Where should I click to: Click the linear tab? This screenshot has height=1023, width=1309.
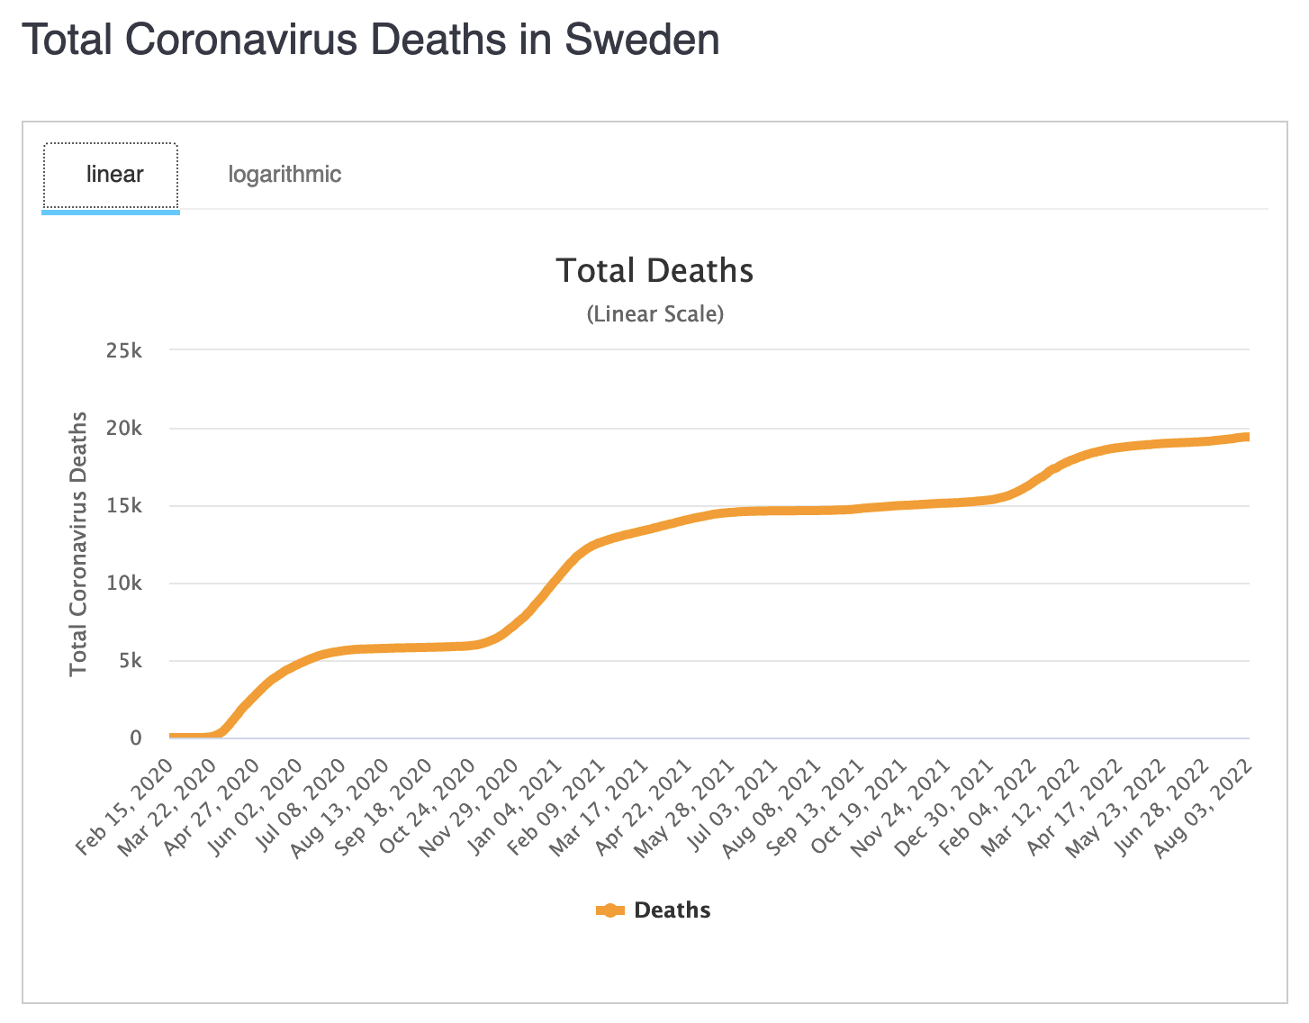[x=114, y=174]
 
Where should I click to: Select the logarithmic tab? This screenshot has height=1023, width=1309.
[x=284, y=174]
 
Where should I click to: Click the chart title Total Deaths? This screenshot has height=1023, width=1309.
[x=654, y=270]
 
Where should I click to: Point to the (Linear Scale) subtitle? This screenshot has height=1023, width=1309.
[x=654, y=314]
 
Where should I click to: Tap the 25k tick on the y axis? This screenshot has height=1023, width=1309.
[x=124, y=350]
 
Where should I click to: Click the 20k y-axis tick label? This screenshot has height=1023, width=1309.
[x=124, y=429]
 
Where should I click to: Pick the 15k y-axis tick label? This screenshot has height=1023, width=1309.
[x=124, y=506]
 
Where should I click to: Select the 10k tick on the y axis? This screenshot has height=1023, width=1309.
[x=124, y=584]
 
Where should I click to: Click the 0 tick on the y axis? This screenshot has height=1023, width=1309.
[x=136, y=738]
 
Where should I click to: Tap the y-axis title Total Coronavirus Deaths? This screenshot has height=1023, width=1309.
[x=79, y=543]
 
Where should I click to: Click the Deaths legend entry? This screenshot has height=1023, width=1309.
[x=672, y=910]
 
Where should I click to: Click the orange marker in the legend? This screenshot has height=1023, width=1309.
[x=610, y=910]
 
